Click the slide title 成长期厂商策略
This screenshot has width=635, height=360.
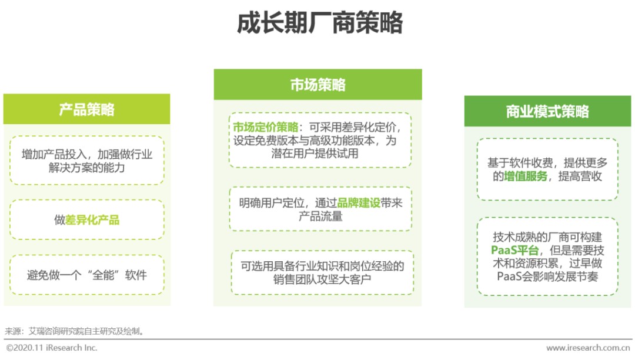click(x=319, y=23)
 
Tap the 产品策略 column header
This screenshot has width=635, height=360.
click(x=86, y=109)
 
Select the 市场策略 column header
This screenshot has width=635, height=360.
click(x=318, y=85)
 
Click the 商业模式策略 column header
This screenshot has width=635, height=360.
click(x=547, y=111)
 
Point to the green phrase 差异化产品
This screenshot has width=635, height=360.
click(x=92, y=220)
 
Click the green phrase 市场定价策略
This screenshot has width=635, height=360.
click(x=266, y=127)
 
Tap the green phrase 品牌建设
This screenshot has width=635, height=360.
click(x=359, y=203)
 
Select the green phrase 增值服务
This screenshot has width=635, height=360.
click(x=526, y=176)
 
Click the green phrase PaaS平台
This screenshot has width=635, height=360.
click(x=514, y=250)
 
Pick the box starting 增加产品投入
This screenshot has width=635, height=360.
click(x=86, y=161)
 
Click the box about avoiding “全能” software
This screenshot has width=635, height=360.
click(x=86, y=275)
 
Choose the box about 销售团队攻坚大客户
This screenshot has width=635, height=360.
click(x=322, y=272)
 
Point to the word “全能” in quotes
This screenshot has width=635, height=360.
click(x=103, y=275)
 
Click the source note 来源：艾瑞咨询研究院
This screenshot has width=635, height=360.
click(x=75, y=331)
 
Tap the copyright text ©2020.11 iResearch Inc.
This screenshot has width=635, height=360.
click(x=52, y=348)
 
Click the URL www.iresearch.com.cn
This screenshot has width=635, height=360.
click(x=588, y=348)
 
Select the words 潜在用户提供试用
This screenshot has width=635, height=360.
click(x=315, y=154)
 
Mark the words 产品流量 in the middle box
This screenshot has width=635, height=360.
click(x=320, y=216)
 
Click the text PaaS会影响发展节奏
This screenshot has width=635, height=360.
click(x=547, y=276)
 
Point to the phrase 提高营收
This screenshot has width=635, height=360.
click(x=580, y=176)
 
